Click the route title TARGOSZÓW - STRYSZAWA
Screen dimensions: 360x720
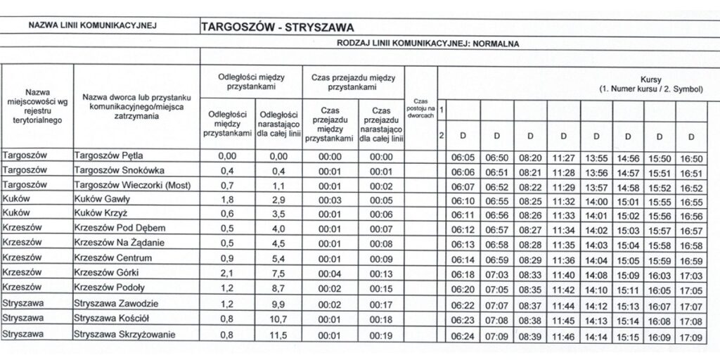point(277,27)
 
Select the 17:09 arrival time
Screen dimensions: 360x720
point(692,337)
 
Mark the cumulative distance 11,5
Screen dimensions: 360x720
point(279,335)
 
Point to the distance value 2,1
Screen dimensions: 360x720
point(226,274)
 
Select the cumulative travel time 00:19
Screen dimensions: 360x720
point(380,335)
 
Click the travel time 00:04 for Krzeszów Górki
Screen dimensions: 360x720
point(330,274)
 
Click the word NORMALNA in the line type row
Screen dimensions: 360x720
point(496,44)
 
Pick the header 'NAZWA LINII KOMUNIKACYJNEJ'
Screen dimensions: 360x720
point(91,27)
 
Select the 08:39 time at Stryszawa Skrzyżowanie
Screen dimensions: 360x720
point(529,337)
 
